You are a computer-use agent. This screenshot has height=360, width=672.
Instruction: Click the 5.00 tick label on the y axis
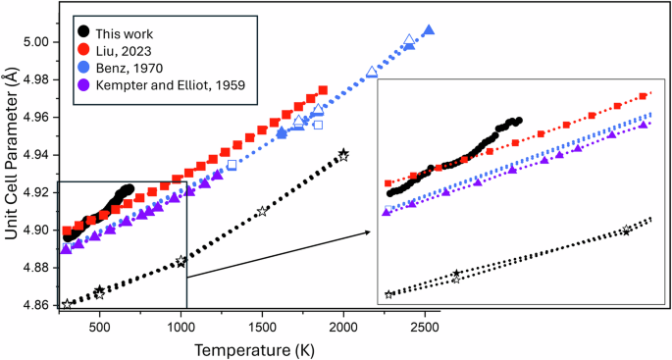click(x=40, y=42)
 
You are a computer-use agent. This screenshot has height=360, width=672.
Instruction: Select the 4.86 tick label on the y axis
click(x=40, y=305)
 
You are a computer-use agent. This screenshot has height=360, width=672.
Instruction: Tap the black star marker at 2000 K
click(x=343, y=154)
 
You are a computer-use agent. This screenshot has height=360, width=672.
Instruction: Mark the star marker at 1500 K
click(x=262, y=212)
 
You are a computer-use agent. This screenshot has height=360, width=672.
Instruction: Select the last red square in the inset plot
click(x=644, y=96)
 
